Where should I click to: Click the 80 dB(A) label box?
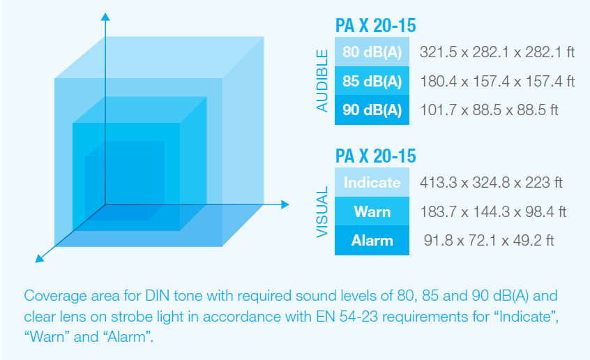(372, 52)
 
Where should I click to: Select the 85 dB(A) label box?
(372, 81)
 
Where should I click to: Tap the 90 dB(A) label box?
(372, 110)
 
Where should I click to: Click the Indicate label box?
(372, 182)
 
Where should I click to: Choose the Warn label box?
(372, 211)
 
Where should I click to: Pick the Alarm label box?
(372, 240)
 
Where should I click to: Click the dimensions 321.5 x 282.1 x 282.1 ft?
(497, 52)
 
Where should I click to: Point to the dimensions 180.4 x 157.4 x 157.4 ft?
(497, 81)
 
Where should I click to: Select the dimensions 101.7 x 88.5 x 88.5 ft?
(489, 110)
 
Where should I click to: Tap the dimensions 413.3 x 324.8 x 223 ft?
(491, 183)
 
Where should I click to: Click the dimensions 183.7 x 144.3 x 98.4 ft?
(493, 211)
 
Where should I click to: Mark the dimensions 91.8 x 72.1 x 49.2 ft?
(489, 240)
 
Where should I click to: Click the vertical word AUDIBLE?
(322, 81)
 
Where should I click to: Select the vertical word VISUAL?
(322, 212)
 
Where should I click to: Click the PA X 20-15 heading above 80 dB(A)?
(375, 26)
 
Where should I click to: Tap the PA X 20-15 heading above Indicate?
(375, 156)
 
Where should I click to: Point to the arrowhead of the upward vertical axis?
(105, 17)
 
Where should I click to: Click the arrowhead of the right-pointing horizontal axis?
(285, 204)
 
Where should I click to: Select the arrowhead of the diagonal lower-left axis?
(39, 259)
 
